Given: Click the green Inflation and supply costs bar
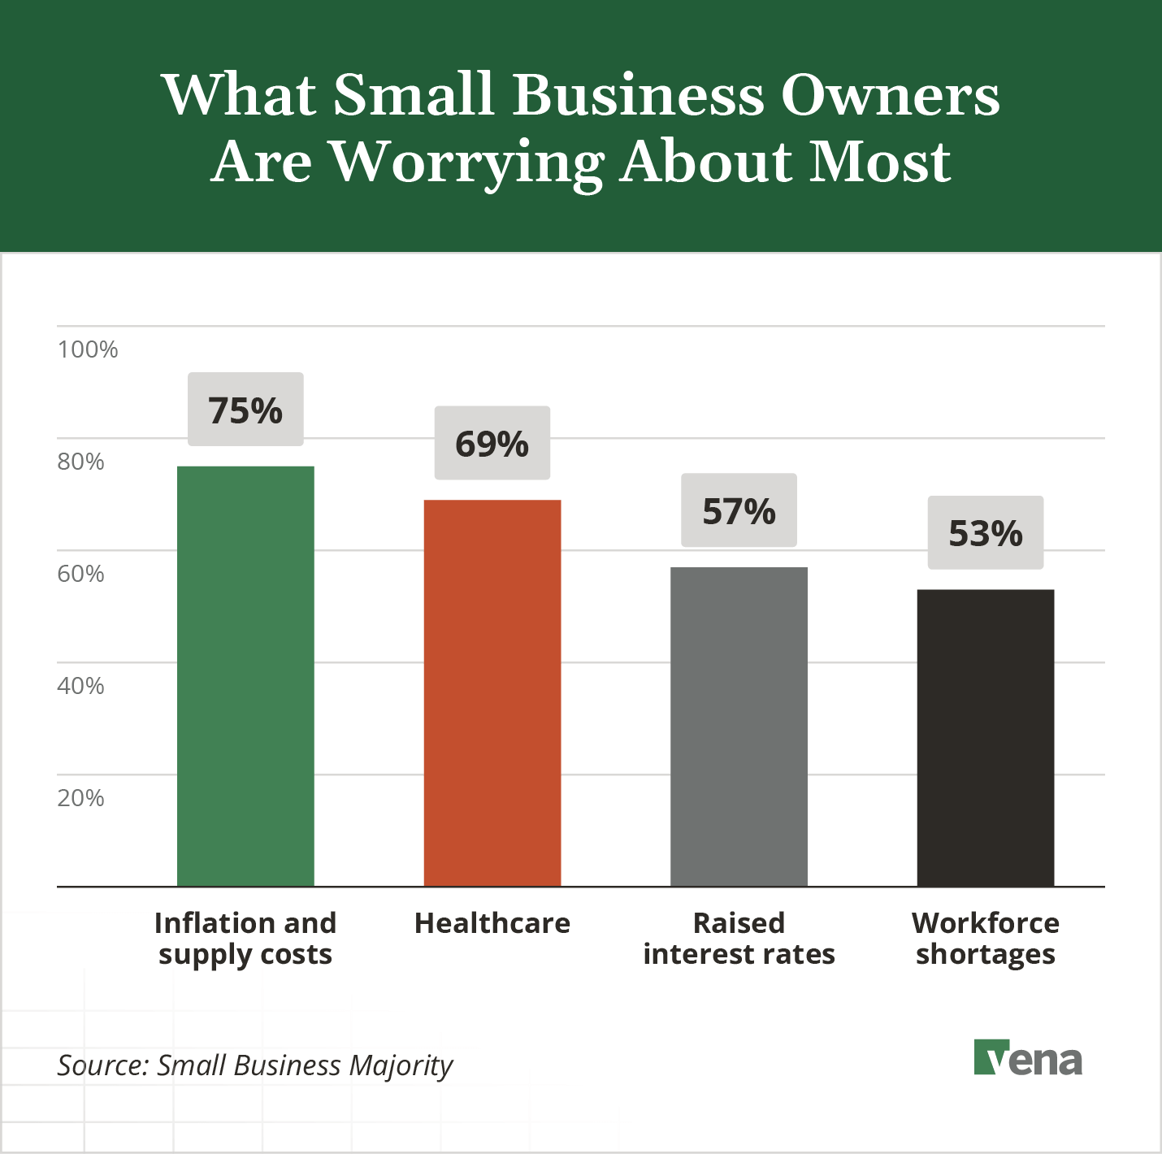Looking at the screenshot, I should (245, 676).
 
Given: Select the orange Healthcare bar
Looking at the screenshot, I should (492, 692).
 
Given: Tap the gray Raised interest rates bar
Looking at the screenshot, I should (739, 727).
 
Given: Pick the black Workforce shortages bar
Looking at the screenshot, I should (986, 738).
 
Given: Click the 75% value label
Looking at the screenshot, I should (245, 410).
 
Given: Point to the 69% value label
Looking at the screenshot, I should (492, 444).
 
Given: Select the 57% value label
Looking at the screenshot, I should (739, 511).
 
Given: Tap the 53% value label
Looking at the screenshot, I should (986, 533).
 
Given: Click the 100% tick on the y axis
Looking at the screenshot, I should (88, 349).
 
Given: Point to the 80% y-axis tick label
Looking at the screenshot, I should (80, 462).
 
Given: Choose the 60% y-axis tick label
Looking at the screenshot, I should (80, 574).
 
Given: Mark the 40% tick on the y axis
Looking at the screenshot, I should (80, 686).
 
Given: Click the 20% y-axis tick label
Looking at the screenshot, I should (80, 798).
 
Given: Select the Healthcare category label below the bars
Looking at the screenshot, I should (492, 923).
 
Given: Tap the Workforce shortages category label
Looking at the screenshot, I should (986, 939).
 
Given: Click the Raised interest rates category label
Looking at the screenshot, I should (739, 939).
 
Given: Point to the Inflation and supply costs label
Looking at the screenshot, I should (245, 939).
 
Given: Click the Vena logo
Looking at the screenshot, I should (1028, 1058).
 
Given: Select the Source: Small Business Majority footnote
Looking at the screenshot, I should (255, 1065).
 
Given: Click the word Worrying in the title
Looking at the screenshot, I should (468, 163).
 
